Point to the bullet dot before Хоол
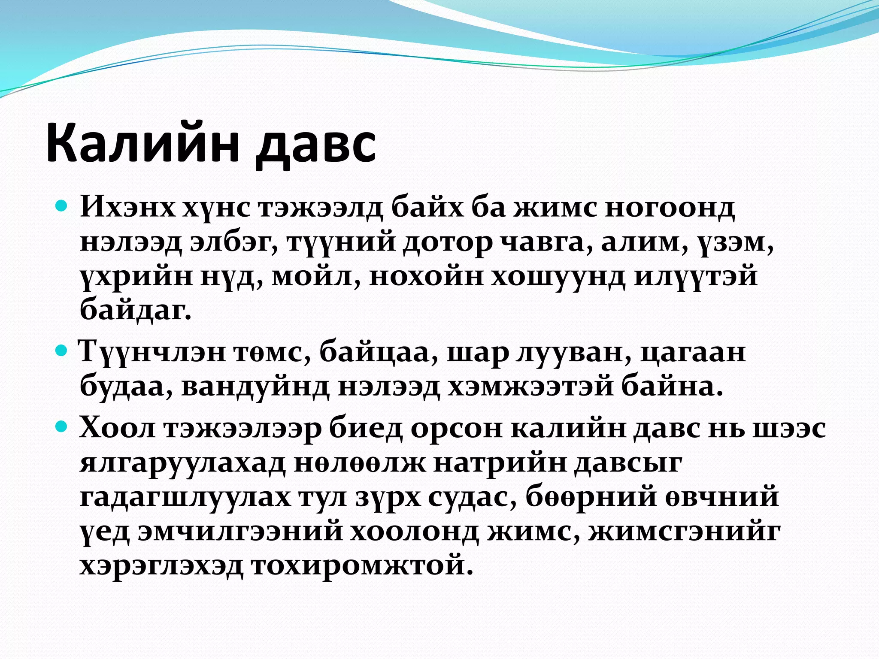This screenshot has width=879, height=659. [x=62, y=427]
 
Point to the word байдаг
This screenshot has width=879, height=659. [x=135, y=310]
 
